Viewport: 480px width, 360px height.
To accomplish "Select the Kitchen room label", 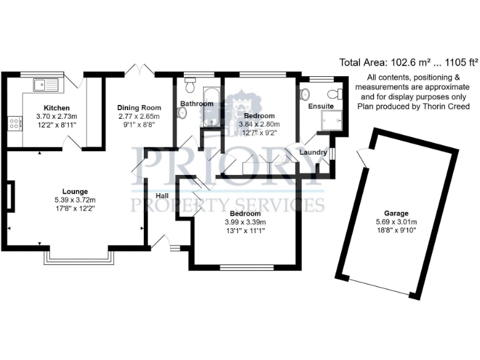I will [x=56, y=108].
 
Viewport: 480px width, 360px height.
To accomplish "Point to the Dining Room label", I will [x=139, y=108].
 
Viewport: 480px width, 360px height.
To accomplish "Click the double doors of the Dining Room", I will [x=139, y=69].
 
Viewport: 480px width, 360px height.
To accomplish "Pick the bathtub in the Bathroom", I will [x=211, y=106].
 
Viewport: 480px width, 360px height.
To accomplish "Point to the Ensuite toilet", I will [x=338, y=94].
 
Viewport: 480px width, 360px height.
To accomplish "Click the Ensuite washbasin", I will [x=305, y=94].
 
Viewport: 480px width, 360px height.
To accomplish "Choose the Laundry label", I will [x=313, y=152].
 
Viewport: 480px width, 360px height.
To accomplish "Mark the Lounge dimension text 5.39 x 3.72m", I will [x=75, y=200].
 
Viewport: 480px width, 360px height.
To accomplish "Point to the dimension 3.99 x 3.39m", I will [x=245, y=222].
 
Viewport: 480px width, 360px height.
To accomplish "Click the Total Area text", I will [x=408, y=62].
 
